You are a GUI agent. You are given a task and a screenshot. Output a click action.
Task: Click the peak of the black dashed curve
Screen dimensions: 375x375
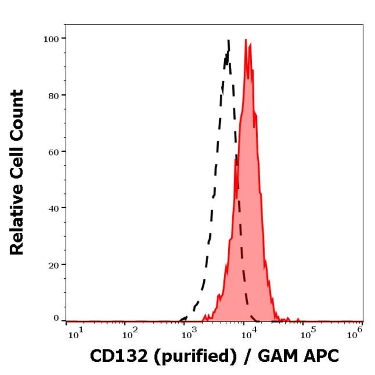[228, 41]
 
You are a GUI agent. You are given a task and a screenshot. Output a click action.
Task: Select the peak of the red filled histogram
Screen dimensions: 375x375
[245, 40]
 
